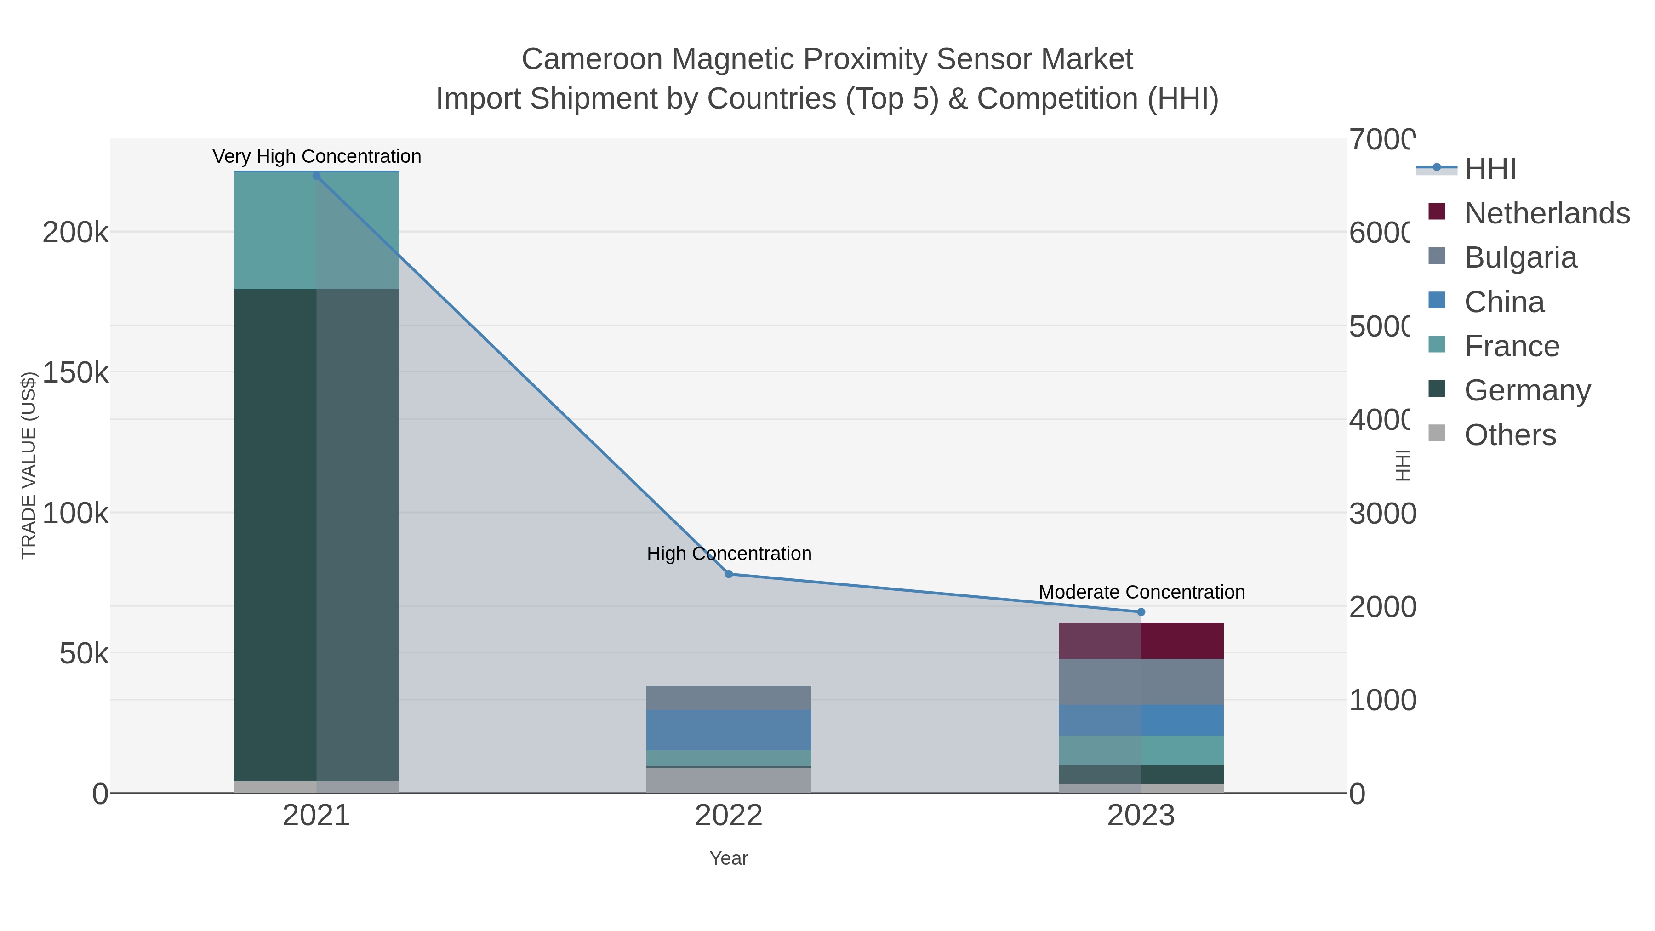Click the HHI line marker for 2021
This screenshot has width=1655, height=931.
(316, 176)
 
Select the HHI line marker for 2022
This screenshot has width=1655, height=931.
(729, 574)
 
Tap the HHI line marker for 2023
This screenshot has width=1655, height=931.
(1141, 611)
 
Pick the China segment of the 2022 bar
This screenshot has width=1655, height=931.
(729, 730)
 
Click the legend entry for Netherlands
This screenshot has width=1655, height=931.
(1547, 213)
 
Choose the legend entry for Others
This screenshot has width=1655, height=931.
(1510, 435)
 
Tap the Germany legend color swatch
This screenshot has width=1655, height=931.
(1437, 388)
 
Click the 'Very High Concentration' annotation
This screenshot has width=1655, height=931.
(317, 156)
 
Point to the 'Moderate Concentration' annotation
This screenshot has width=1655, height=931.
(1141, 592)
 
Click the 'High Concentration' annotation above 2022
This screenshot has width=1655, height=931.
(729, 553)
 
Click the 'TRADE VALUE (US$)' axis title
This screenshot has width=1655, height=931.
(29, 465)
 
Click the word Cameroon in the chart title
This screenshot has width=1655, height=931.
(592, 59)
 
